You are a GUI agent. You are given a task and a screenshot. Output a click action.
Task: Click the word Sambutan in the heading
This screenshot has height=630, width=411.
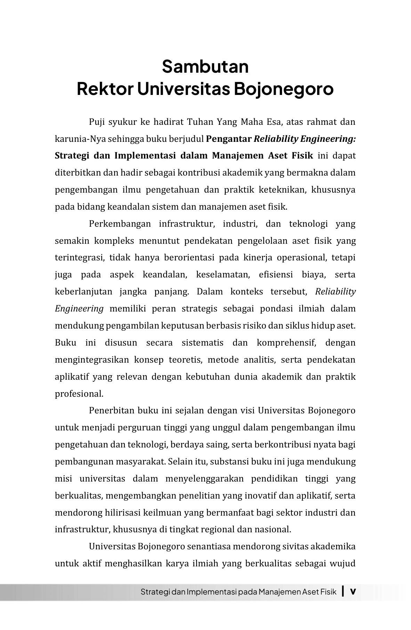(x=205, y=66)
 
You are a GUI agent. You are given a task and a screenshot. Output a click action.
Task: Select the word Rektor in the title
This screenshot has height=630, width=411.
(x=105, y=89)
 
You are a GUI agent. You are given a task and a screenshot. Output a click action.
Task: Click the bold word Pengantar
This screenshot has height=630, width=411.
(x=228, y=139)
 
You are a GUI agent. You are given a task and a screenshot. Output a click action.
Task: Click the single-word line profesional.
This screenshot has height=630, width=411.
(x=79, y=394)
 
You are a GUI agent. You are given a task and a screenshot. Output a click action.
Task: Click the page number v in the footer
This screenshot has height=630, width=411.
(x=353, y=591)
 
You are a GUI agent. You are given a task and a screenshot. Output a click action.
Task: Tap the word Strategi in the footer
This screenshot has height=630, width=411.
(x=155, y=592)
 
